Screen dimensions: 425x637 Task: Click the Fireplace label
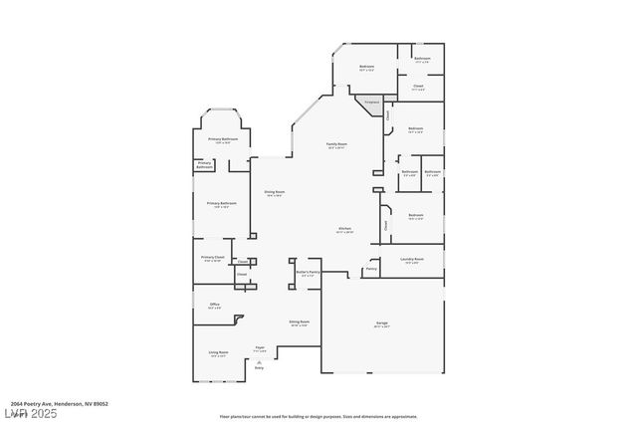tap(371, 102)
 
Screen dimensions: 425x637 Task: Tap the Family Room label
tap(337, 145)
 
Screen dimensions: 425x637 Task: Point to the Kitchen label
tap(344, 229)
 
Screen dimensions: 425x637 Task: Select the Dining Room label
tap(275, 192)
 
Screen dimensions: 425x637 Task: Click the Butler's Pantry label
tap(308, 273)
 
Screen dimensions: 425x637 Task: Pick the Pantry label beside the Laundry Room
tap(371, 268)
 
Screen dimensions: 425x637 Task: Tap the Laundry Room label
tap(413, 260)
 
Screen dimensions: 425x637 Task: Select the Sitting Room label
tap(299, 322)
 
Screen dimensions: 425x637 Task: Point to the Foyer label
tap(259, 349)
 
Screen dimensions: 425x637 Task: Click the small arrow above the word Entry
tap(259, 360)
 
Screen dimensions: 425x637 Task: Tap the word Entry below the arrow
tap(259, 368)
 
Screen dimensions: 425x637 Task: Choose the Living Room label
tap(218, 353)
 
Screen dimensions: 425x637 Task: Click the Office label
tap(214, 305)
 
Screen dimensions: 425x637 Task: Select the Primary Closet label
tap(212, 258)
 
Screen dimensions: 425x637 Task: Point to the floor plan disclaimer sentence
tap(318, 416)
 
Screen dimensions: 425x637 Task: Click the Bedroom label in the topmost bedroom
tap(366, 68)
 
